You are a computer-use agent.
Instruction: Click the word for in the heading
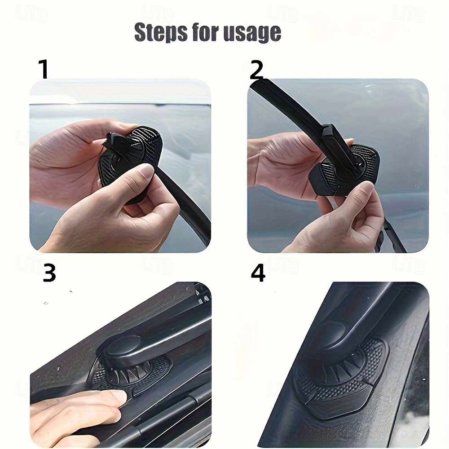click(x=205, y=33)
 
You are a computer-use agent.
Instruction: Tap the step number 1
click(x=43, y=70)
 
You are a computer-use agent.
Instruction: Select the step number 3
click(x=49, y=273)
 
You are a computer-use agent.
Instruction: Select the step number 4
click(x=258, y=273)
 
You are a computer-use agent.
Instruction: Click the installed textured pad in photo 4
click(x=341, y=382)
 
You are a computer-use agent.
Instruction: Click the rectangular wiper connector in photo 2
click(x=333, y=139)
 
